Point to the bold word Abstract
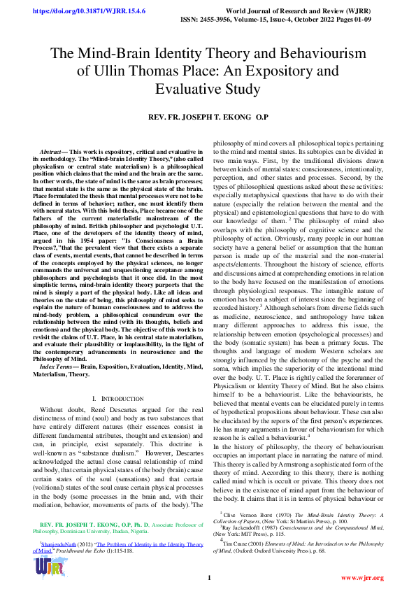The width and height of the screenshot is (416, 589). tap(51, 152)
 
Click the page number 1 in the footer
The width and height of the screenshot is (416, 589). tap(208, 577)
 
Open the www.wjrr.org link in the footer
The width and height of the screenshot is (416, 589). tap(362, 577)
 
